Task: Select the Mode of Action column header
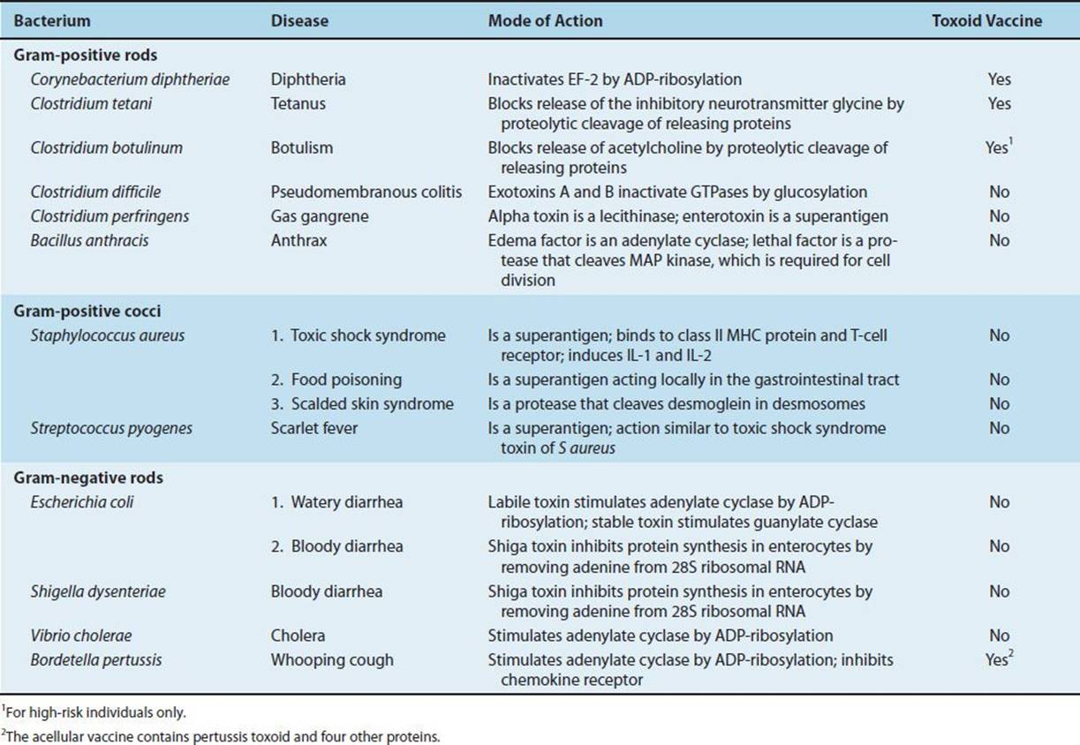tap(545, 21)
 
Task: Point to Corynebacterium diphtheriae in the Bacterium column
tap(130, 79)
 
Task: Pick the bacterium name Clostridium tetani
tap(90, 103)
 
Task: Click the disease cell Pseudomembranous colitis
tap(366, 192)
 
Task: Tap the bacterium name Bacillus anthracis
tap(84, 239)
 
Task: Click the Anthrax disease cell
tap(298, 239)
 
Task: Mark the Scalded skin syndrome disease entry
tap(362, 403)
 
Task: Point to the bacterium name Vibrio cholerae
tap(81, 635)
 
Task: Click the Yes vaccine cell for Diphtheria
tap(999, 79)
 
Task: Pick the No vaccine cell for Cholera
tap(999, 635)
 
